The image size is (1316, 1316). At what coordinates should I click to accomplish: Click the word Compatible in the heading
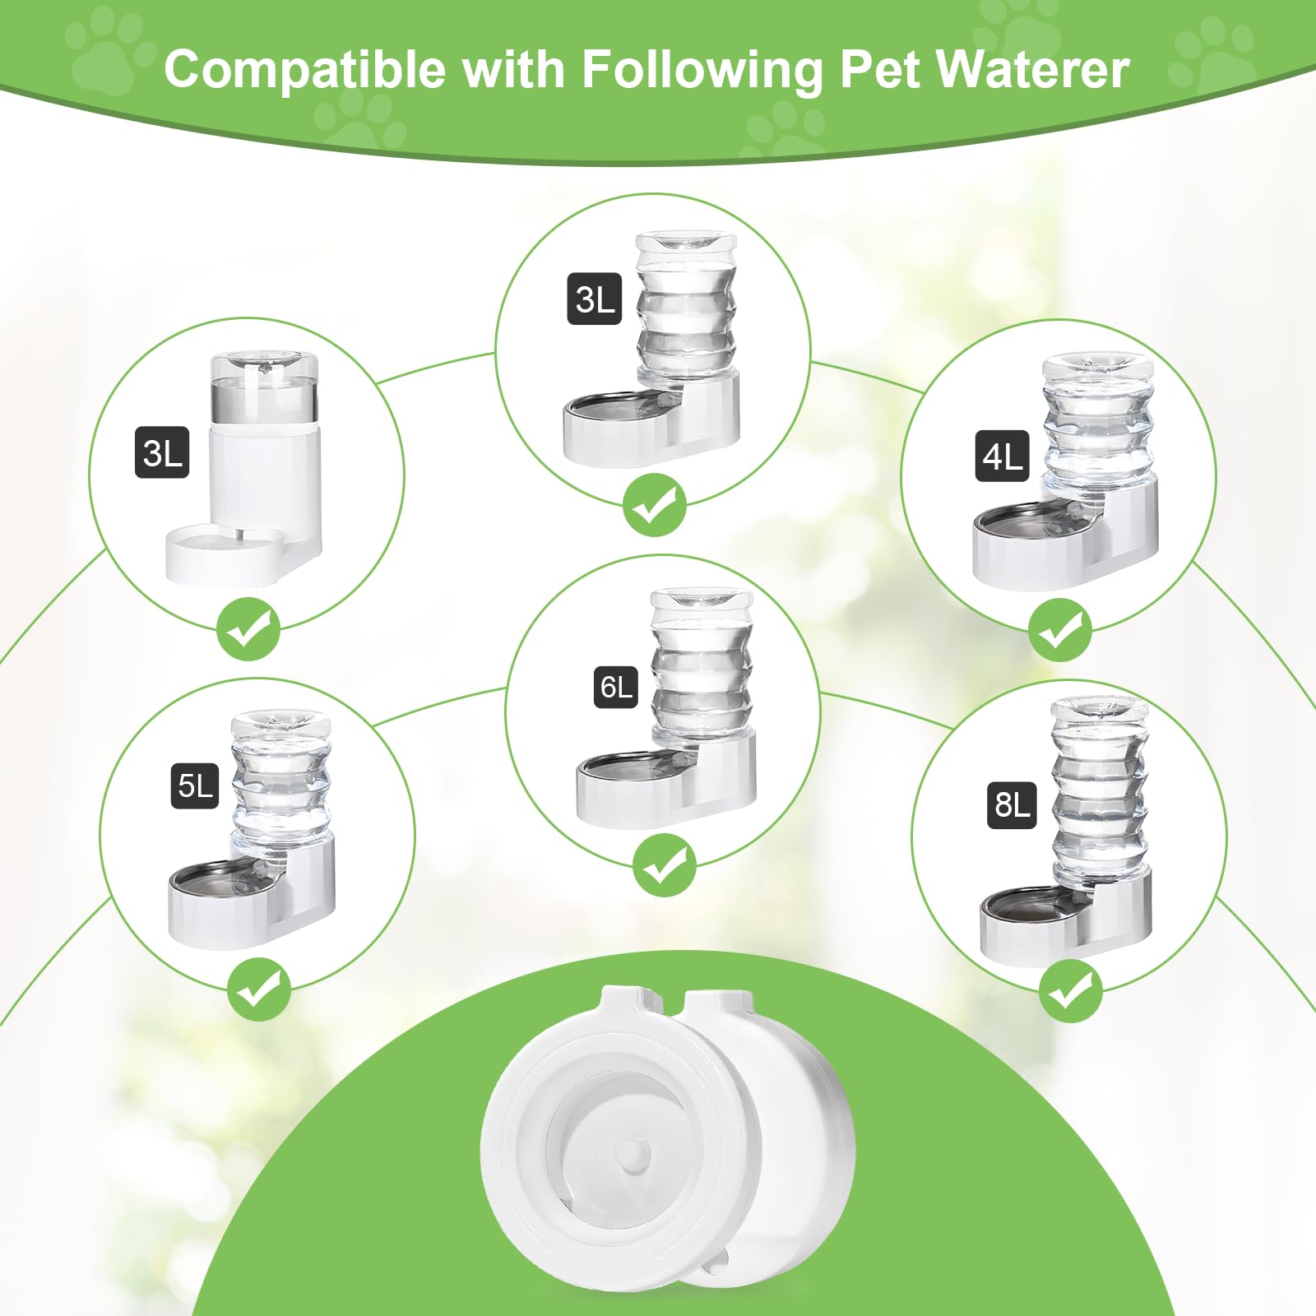pos(304,69)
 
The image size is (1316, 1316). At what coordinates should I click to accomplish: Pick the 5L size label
pos(196,785)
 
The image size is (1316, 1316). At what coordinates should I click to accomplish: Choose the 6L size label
pos(616,687)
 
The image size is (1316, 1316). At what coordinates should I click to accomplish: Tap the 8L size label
pos(1012,804)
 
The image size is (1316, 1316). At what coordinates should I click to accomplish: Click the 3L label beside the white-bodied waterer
pos(162,452)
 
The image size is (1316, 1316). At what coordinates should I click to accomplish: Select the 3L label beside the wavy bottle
pos(595,299)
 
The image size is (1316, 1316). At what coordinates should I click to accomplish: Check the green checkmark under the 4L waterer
pos(1060,631)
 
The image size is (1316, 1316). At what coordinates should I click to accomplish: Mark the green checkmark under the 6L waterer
pos(664,864)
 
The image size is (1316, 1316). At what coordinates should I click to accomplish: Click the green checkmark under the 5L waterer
pos(258,989)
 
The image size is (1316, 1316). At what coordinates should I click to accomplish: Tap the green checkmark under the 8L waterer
pos(1070,991)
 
